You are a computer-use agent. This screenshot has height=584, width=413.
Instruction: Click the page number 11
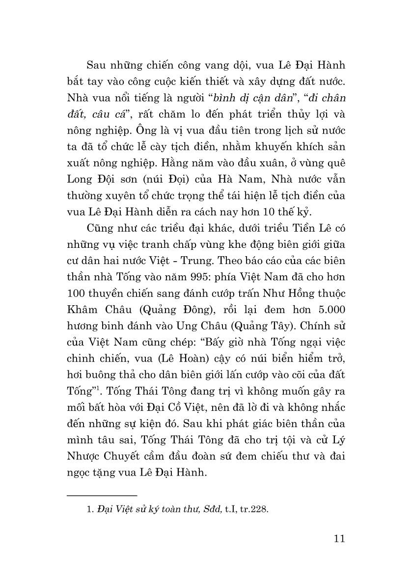[339, 538]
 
